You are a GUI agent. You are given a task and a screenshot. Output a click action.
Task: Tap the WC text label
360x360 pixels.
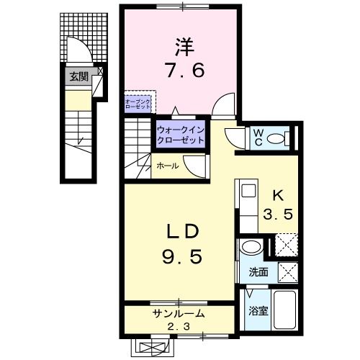(x=258, y=137)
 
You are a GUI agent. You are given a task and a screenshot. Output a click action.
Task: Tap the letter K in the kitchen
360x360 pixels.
(x=278, y=196)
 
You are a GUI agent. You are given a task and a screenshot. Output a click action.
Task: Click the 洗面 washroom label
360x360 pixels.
(x=258, y=273)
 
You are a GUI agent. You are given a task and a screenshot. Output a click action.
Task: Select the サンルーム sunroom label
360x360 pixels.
(x=178, y=314)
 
